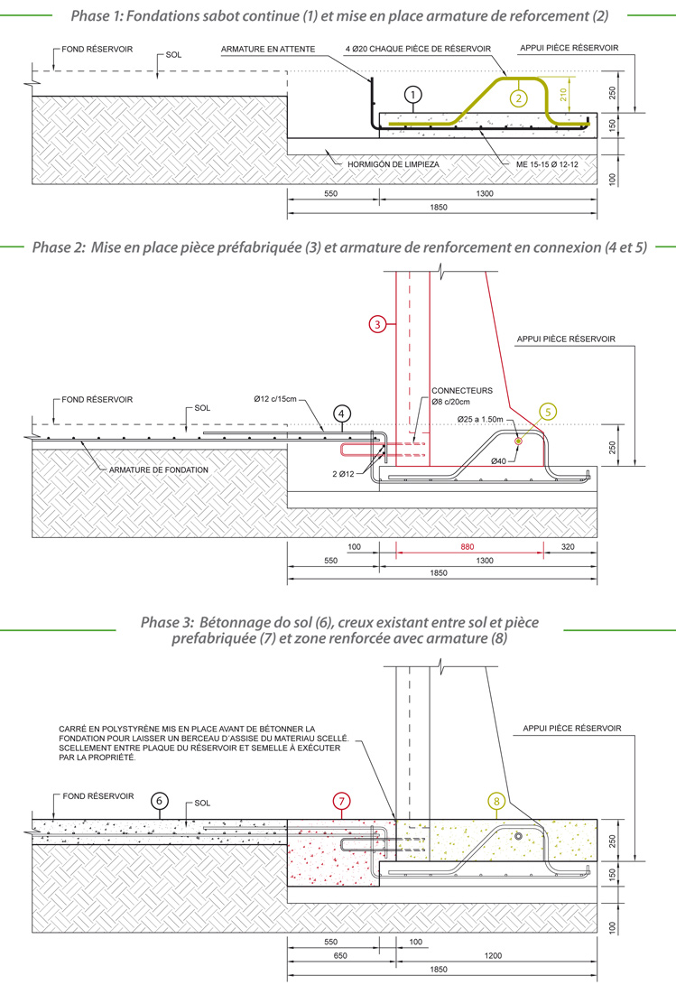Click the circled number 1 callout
click(x=413, y=94)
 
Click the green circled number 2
click(x=517, y=98)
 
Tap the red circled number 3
click(x=378, y=321)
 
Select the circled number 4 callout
click(x=341, y=414)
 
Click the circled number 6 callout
click(x=160, y=800)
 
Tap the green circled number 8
click(x=495, y=800)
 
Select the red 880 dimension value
click(x=467, y=548)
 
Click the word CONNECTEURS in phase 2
click(x=462, y=391)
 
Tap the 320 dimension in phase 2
click(x=566, y=548)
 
